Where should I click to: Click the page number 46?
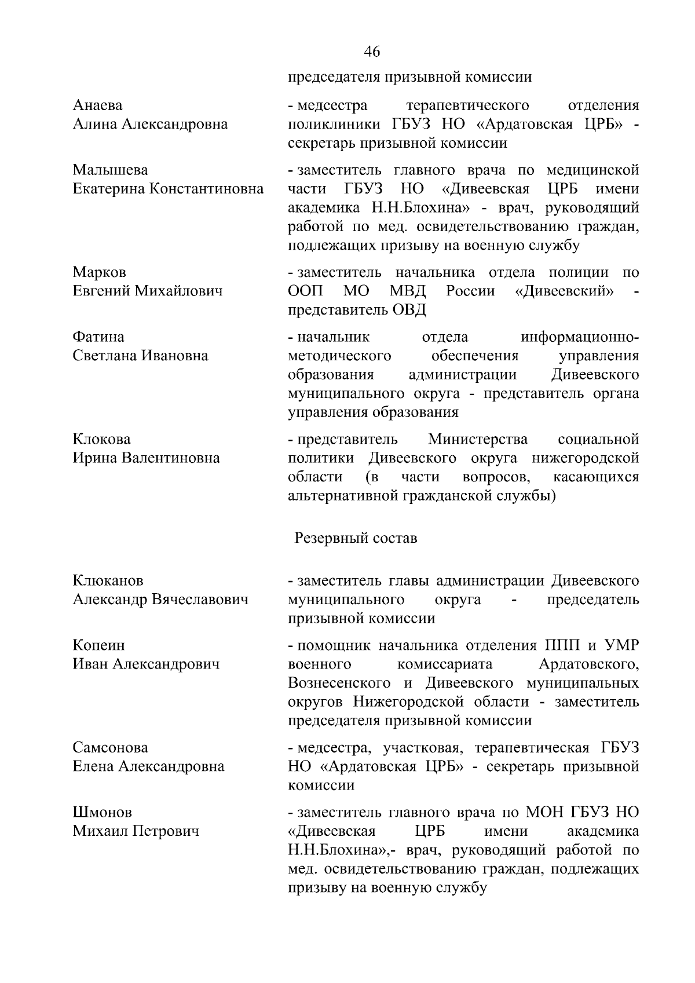pyautogui.click(x=372, y=52)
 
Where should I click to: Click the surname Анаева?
pyautogui.click(x=98, y=105)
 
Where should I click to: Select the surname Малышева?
pyautogui.click(x=111, y=170)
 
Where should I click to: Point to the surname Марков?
pyautogui.click(x=100, y=272)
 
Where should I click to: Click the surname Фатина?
pyautogui.click(x=98, y=337)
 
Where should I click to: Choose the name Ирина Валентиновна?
pyautogui.click(x=146, y=458)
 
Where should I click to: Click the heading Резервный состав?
pyautogui.click(x=356, y=538)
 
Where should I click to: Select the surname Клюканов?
pyautogui.click(x=108, y=581)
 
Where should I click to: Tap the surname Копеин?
pyautogui.click(x=99, y=646)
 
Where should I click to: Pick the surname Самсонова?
pyautogui.click(x=111, y=748)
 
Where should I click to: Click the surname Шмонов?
pyautogui.click(x=103, y=813)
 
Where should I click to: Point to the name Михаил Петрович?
pyautogui.click(x=136, y=831)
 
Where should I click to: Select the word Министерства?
pyautogui.click(x=478, y=439)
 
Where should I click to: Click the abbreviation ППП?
pyautogui.click(x=565, y=646)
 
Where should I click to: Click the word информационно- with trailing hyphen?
pyautogui.click(x=580, y=337)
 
